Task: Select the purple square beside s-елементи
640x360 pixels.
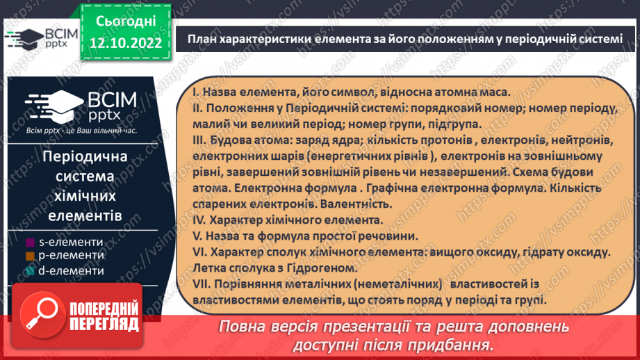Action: tap(30, 243)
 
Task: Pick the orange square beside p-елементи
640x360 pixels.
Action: tap(30, 256)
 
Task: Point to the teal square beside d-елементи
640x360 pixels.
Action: tap(30, 271)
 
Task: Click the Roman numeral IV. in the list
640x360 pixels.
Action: tap(198, 220)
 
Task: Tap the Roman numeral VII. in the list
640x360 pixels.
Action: tap(201, 286)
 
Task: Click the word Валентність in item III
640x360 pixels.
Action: tap(357, 204)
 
